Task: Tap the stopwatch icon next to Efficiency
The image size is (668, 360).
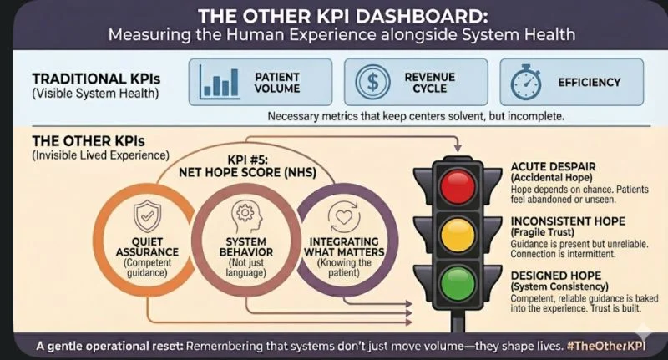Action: pos(524,83)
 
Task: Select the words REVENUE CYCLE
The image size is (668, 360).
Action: pos(428,83)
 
